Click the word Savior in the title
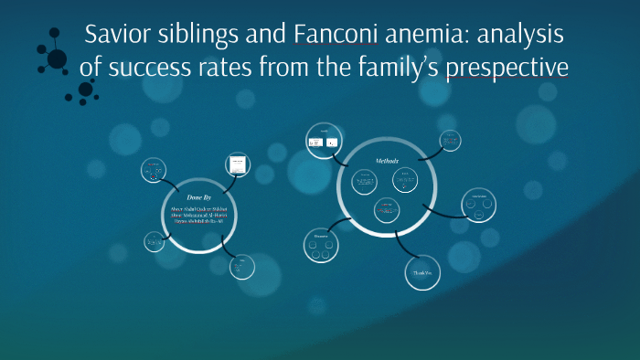tap(115, 36)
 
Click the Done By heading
tap(199, 196)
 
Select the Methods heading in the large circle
tap(388, 161)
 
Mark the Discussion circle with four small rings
tap(321, 245)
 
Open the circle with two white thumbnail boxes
tap(321, 141)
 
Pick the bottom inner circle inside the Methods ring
tap(388, 211)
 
